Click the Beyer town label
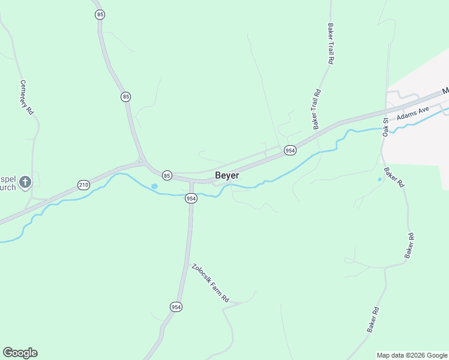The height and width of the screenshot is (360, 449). tap(227, 175)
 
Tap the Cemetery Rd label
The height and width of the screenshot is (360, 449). tap(26, 97)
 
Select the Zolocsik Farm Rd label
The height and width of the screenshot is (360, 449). tap(210, 283)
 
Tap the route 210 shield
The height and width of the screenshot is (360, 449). tap(83, 185)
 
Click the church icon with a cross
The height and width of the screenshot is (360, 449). tap(25, 182)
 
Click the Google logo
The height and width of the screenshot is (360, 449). tap(20, 353)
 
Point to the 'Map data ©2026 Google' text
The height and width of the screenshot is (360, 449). tap(412, 355)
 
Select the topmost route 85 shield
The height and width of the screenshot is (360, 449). tap(100, 14)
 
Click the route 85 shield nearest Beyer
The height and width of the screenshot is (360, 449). tap(167, 175)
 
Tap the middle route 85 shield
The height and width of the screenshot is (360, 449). tap(125, 96)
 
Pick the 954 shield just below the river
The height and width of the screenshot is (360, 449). tap(191, 198)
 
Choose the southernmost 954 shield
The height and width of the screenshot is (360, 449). tap(176, 307)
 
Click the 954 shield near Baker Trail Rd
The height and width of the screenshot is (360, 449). tap(290, 150)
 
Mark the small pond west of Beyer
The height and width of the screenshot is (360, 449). tap(154, 187)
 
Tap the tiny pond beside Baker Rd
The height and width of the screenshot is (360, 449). tap(379, 179)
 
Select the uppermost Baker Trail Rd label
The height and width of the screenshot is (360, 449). tap(330, 44)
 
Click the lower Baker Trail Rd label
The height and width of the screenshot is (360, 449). tap(316, 109)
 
